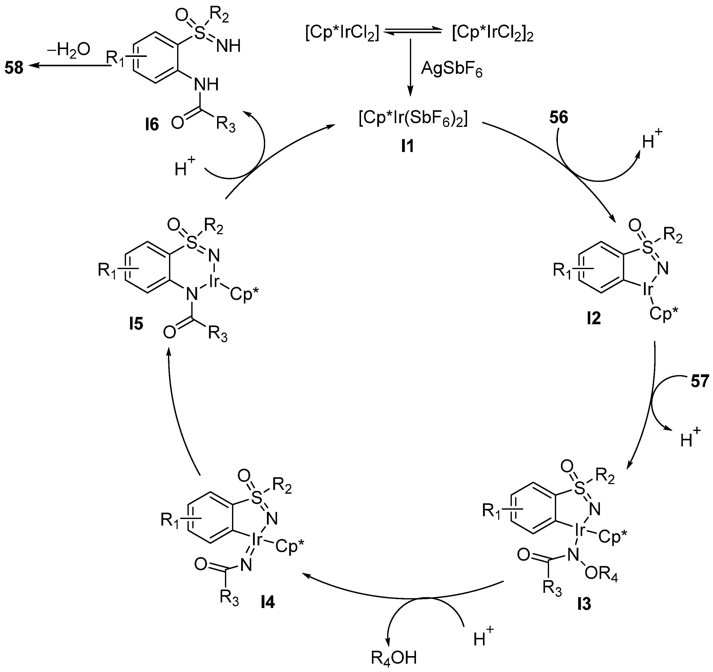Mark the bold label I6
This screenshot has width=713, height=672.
[152, 125]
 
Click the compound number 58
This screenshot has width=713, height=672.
[14, 68]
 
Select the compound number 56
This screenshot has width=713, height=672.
[559, 118]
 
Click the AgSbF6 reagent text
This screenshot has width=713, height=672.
[452, 69]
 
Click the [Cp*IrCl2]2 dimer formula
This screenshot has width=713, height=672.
[492, 34]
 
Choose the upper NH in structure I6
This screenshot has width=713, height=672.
[228, 46]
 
